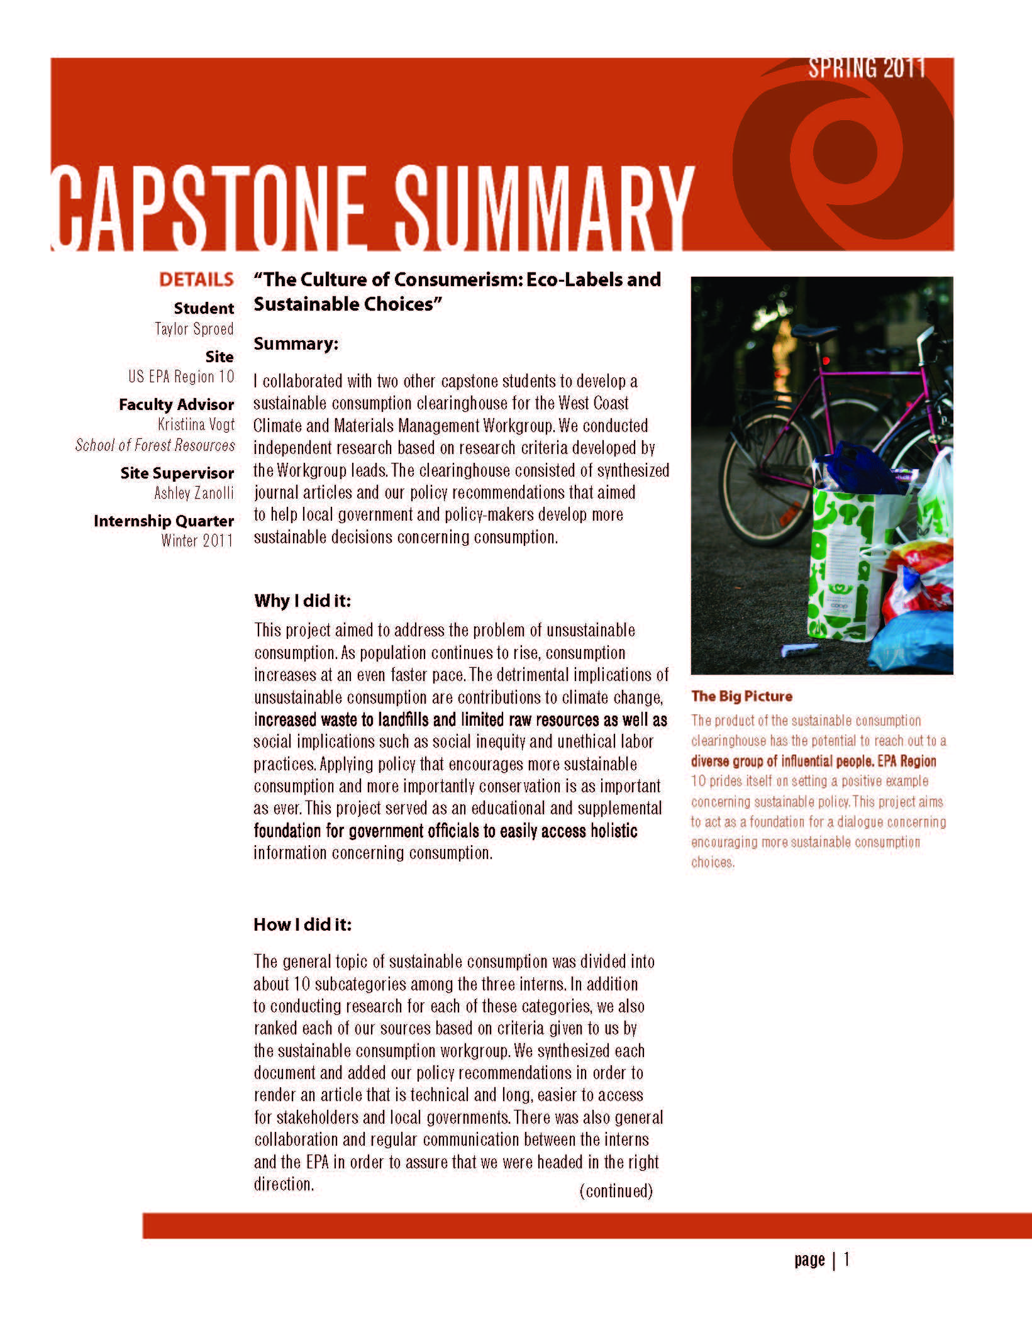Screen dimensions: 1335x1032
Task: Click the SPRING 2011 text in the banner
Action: click(x=867, y=68)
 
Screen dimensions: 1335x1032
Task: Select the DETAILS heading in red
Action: click(x=196, y=280)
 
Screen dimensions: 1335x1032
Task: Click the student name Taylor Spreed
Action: click(x=194, y=329)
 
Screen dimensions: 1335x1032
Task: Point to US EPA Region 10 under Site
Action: click(x=181, y=377)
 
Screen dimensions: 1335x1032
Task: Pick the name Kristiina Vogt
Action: click(x=196, y=424)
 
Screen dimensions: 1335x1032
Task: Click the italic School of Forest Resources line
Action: click(x=155, y=445)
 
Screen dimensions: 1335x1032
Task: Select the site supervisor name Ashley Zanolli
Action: click(x=194, y=493)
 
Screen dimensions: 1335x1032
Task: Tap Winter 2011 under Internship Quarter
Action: click(x=197, y=541)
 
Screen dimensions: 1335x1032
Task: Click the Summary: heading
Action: click(x=296, y=344)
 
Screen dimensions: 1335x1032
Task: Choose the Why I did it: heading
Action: click(x=302, y=601)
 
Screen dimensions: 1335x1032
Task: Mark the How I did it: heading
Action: click(x=302, y=924)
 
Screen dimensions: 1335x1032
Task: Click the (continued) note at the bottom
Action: click(x=616, y=1190)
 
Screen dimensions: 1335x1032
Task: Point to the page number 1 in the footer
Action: click(x=846, y=1259)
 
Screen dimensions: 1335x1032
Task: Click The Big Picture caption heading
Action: click(x=741, y=696)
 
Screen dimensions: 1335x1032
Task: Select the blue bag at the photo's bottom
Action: click(x=915, y=641)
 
